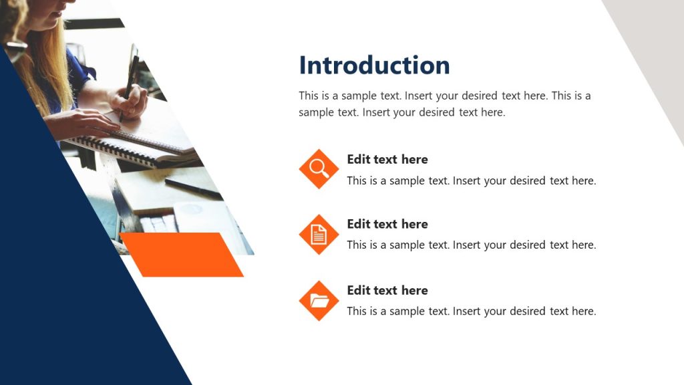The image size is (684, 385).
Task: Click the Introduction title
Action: click(x=374, y=66)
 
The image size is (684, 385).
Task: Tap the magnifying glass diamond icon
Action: click(x=319, y=168)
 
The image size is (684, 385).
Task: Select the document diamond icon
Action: click(x=319, y=234)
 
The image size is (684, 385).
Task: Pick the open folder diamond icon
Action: click(x=319, y=300)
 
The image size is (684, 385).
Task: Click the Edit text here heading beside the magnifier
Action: click(x=387, y=159)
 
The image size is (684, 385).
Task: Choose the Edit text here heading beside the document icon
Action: click(x=387, y=224)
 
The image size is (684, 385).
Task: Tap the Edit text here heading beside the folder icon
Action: click(x=387, y=290)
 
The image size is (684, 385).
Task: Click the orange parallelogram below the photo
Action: click(x=182, y=254)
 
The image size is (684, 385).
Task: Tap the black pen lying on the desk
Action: click(x=193, y=188)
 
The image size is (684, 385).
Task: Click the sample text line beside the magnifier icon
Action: click(x=471, y=180)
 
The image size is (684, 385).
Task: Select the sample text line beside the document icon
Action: click(x=471, y=245)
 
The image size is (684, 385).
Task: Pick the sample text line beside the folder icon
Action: click(x=471, y=311)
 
